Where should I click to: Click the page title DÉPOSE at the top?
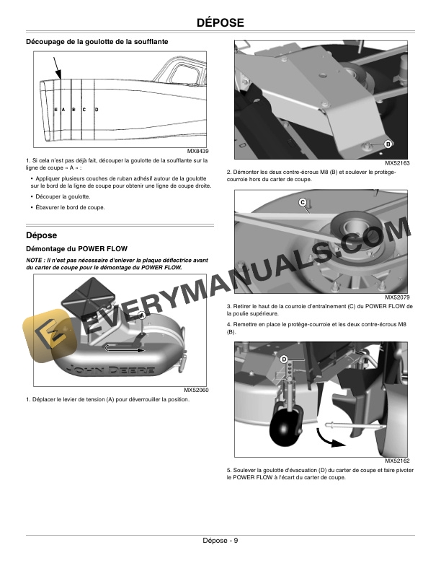point(220,24)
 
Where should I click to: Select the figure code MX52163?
point(396,164)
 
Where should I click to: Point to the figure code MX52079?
point(396,297)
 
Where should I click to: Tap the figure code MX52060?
point(196,390)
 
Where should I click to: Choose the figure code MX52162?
point(396,460)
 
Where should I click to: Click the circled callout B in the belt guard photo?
point(388,144)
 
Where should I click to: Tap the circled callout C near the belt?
point(303,202)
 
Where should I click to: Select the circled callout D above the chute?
point(284,359)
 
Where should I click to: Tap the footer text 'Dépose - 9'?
point(220,542)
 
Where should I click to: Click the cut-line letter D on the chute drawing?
point(97,109)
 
